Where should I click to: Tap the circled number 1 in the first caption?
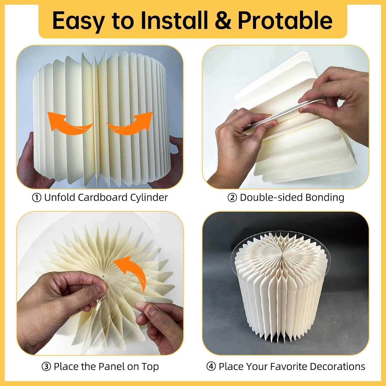pos(37,198)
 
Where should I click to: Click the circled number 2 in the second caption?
pos(232,198)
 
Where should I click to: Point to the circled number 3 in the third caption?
pos(46,366)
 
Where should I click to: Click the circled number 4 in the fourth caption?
pos(211,366)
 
